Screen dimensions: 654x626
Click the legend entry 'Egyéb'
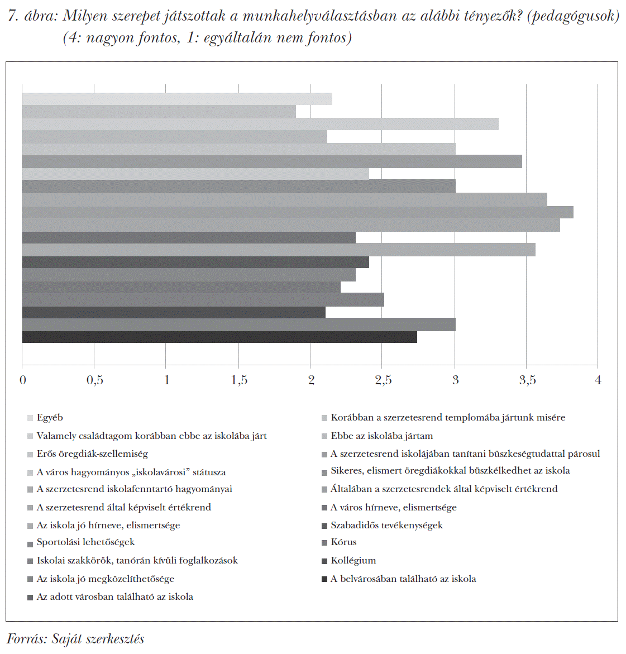50,418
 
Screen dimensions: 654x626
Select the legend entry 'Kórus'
343,542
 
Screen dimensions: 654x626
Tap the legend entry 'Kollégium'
353,561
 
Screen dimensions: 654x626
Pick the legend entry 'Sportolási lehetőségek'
85,542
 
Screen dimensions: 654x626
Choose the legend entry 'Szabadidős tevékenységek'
386,526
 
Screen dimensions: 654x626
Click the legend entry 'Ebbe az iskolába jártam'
381,436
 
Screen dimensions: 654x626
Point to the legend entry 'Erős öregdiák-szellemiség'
92,454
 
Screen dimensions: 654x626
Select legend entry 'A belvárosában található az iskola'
403,579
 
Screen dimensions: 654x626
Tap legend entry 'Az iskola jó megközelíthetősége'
106,579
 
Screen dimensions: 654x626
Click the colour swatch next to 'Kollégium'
324,561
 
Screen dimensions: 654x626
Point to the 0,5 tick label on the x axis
94,380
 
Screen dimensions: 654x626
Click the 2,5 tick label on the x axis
383,380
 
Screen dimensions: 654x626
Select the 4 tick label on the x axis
598,380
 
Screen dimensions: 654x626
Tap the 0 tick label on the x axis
23,380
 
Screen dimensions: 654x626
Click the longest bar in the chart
298,212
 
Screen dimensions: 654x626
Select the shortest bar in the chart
159,112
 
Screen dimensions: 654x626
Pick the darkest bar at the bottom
219,337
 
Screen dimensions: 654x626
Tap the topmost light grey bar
177,99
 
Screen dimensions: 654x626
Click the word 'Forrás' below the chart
26,639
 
